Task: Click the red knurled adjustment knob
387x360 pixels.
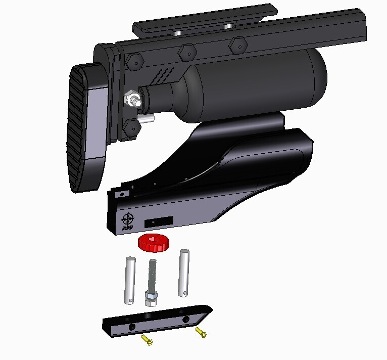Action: tap(154, 243)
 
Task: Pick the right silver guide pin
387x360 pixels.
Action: tap(184, 273)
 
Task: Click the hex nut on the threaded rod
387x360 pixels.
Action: tap(150, 297)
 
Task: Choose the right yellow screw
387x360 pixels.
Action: tap(201, 333)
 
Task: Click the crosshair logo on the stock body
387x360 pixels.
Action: tap(128, 219)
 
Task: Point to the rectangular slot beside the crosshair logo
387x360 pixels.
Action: tap(159, 221)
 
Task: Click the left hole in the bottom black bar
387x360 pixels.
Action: tap(132, 327)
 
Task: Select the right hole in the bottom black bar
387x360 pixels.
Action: tap(186, 320)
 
